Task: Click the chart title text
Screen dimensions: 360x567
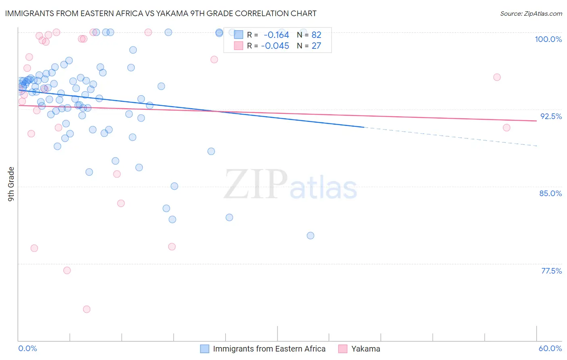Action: tap(161, 13)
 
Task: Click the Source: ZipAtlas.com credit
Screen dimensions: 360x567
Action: tap(531, 13)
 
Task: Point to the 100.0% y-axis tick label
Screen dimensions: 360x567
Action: tap(548, 39)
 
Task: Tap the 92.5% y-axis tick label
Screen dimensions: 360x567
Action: tap(551, 116)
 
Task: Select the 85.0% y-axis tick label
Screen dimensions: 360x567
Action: tap(550, 193)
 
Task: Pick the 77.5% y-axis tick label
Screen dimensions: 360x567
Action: tap(551, 271)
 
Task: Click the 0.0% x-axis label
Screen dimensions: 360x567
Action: tap(27, 348)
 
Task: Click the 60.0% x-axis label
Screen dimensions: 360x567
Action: tap(550, 348)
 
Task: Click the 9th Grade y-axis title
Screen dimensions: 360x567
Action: tap(11, 184)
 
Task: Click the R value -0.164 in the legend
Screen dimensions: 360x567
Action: tap(276, 35)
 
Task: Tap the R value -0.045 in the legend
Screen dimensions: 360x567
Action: tap(275, 46)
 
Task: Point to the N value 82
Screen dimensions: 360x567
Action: tap(316, 35)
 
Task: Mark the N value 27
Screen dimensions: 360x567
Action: tap(316, 46)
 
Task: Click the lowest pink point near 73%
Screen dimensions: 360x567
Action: tap(87, 309)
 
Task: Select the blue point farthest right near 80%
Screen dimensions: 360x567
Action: tap(311, 236)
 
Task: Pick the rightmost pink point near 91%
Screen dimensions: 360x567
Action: tap(507, 128)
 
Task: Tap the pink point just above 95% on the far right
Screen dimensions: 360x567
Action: tap(497, 77)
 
